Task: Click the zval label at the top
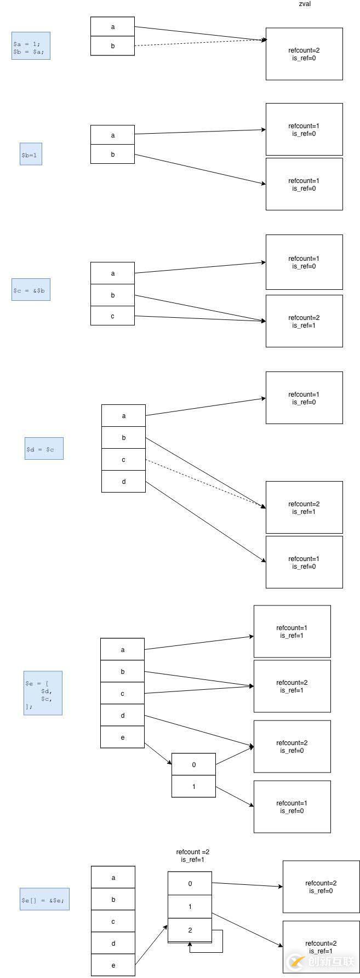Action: pos(305,4)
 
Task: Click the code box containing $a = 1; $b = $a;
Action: pos(31,45)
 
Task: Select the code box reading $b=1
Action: pos(31,155)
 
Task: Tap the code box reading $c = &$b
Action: pos(31,289)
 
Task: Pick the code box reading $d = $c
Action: pos(44,448)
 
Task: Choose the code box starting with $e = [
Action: pos(43,693)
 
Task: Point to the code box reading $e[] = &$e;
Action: pos(44,899)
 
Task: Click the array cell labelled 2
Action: pos(190,930)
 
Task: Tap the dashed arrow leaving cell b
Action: pos(200,43)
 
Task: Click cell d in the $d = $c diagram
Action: pos(123,482)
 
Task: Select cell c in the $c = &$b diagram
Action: pos(112,316)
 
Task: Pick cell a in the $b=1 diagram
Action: pos(112,135)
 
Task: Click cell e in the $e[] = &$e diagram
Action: pos(113,965)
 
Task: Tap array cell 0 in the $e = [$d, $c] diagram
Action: pos(193,764)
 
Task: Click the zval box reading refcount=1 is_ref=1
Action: pos(292,631)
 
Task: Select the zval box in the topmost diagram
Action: pos(304,54)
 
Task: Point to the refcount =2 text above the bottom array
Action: pos(192,852)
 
